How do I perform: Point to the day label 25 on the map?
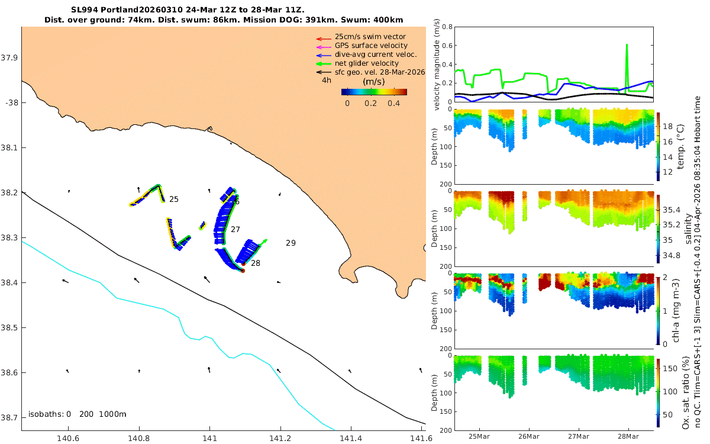[174, 199]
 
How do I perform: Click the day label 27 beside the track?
[235, 229]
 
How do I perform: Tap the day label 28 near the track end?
[256, 263]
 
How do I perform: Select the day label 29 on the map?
[291, 243]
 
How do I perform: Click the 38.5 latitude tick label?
[9, 327]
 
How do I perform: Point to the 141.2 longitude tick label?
[280, 438]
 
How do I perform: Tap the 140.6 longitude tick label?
[68, 438]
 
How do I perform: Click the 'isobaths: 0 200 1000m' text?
[78, 414]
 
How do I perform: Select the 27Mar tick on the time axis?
[579, 436]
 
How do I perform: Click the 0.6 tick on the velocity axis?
[447, 46]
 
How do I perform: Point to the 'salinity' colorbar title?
[689, 229]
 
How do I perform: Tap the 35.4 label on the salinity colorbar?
[672, 210]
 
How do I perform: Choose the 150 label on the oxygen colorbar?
[670, 368]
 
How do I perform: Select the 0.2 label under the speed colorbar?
[370, 104]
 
